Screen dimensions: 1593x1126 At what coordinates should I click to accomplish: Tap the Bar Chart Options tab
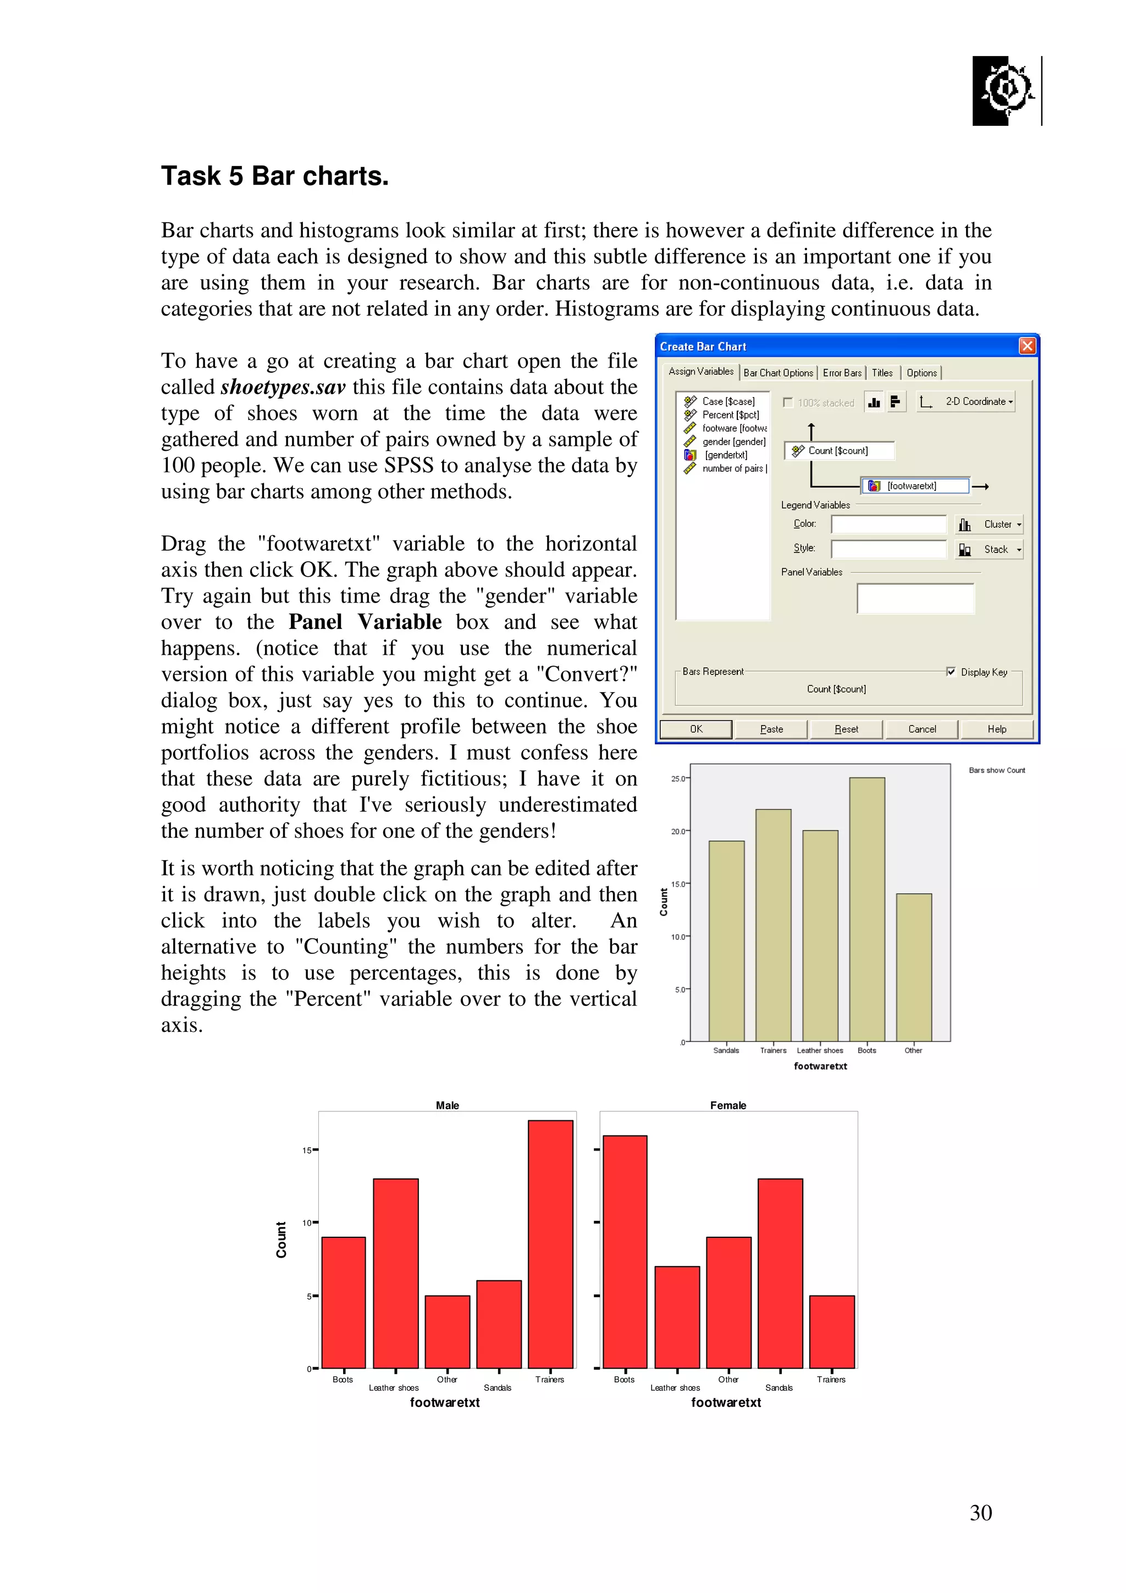[x=778, y=373]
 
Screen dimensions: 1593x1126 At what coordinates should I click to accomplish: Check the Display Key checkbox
[x=951, y=671]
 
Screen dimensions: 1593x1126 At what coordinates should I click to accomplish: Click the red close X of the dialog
[x=1027, y=346]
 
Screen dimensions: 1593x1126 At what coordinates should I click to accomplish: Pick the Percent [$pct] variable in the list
[x=730, y=414]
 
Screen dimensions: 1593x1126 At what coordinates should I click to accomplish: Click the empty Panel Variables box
[x=915, y=598]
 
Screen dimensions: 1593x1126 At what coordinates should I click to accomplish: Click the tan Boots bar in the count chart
[x=866, y=909]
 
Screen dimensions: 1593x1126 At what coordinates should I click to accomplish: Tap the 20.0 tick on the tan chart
[x=678, y=831]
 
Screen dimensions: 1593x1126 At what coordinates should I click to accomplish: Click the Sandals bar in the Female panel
[x=780, y=1273]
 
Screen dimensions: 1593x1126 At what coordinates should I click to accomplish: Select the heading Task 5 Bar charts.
[x=275, y=176]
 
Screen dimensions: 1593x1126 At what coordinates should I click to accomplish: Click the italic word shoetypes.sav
[x=283, y=386]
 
